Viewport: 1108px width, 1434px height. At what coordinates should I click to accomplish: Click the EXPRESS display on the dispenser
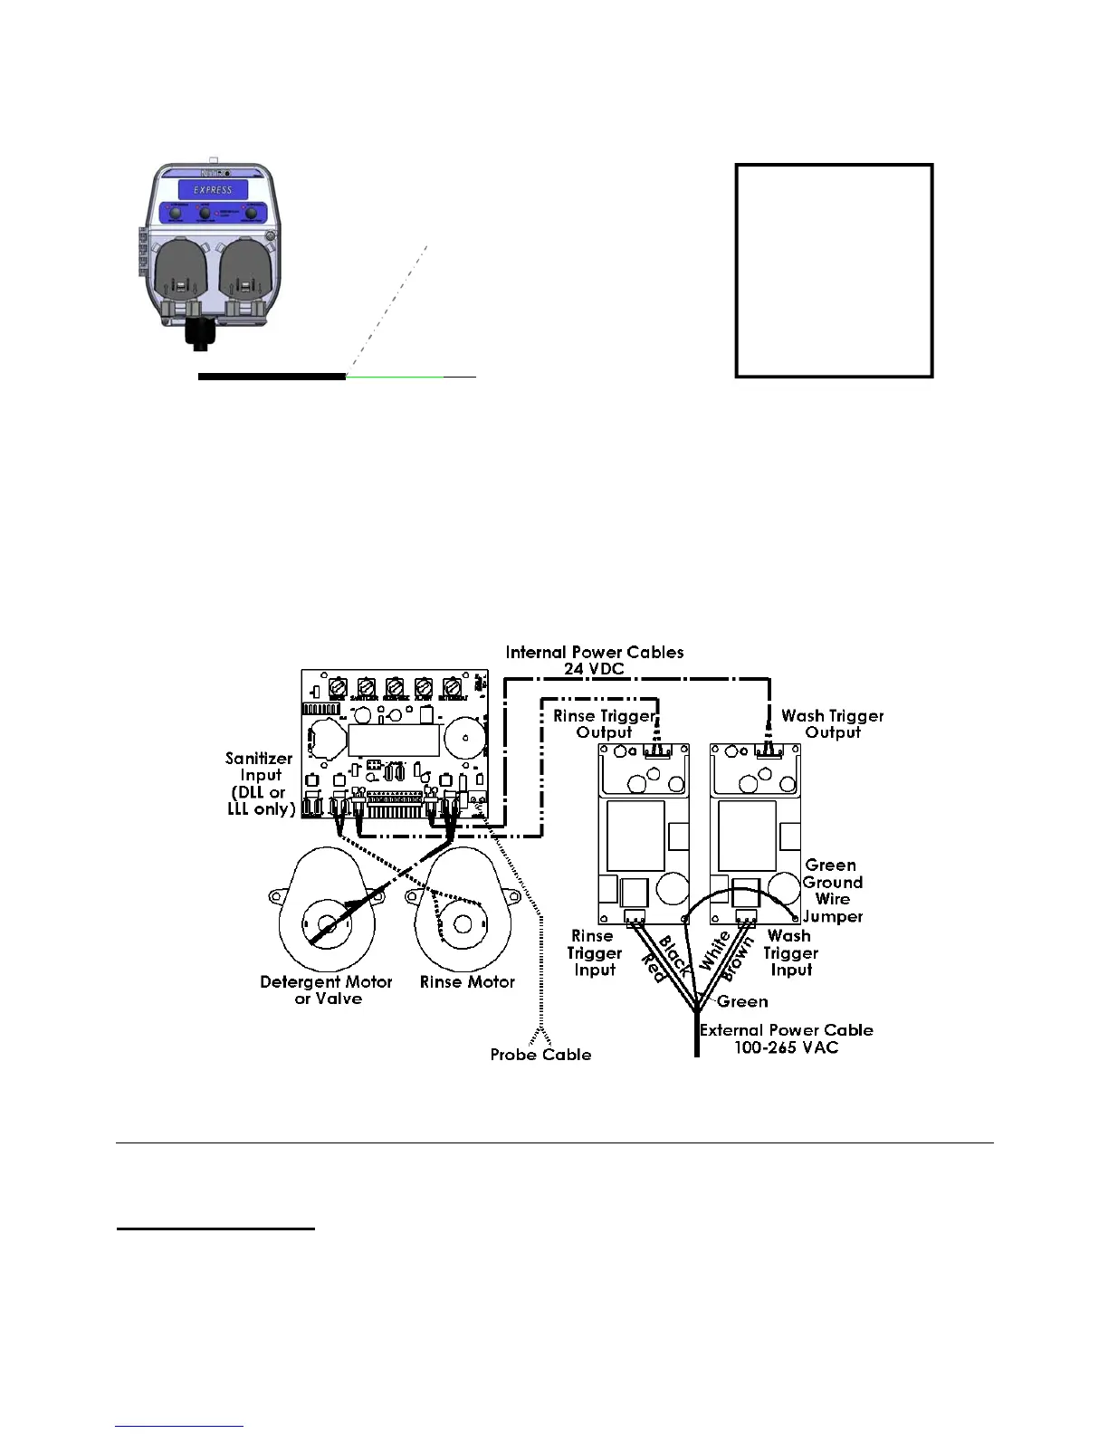(x=213, y=190)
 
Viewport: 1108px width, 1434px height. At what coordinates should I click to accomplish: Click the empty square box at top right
(x=834, y=270)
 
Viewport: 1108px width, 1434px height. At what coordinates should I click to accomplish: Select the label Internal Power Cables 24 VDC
(x=595, y=660)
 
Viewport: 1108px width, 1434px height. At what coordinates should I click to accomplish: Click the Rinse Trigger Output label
(x=604, y=723)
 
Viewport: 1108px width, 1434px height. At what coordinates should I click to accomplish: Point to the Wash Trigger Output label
(x=833, y=723)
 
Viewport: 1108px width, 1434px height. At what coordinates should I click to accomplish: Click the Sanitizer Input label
(x=261, y=783)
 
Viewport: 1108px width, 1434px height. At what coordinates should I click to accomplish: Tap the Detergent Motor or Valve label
(x=326, y=989)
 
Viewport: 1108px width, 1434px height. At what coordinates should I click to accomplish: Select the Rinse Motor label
(x=467, y=981)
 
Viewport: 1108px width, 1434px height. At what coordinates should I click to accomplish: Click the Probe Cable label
(x=540, y=1055)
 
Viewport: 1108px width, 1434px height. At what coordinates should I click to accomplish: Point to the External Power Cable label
(x=786, y=1038)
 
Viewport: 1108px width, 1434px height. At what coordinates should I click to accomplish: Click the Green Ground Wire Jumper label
(x=833, y=890)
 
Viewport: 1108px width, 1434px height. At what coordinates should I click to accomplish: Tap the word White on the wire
(x=715, y=950)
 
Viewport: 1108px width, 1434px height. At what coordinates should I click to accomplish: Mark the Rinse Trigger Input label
(x=594, y=952)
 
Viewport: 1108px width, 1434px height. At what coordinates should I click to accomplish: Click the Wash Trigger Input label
(x=790, y=952)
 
